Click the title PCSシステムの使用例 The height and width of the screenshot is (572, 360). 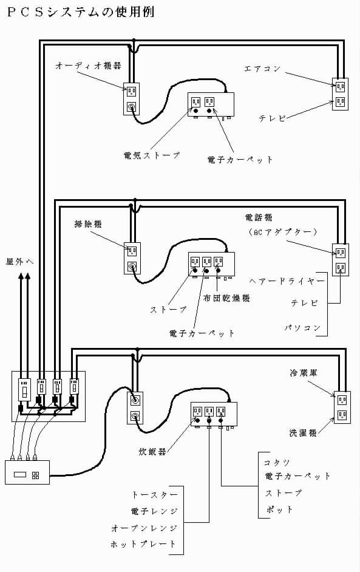(81, 12)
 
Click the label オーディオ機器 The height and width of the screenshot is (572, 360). (88, 66)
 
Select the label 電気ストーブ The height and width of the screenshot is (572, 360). (152, 155)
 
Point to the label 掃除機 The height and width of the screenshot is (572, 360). (88, 224)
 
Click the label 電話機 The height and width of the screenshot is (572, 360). (259, 218)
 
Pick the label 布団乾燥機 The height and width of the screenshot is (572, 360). (226, 298)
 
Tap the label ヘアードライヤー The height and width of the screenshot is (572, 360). (287, 281)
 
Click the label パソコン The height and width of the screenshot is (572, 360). (302, 327)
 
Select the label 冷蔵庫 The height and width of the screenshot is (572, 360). (304, 373)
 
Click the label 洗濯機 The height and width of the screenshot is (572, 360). (303, 433)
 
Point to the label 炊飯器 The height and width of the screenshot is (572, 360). (152, 452)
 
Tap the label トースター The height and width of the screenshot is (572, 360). (155, 495)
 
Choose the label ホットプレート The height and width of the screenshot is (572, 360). (143, 544)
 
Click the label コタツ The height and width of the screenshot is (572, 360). (277, 463)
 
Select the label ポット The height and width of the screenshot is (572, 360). (279, 509)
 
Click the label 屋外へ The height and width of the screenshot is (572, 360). (19, 261)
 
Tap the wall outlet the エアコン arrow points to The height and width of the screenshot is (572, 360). (341, 86)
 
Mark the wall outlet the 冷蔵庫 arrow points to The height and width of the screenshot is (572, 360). (342, 400)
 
